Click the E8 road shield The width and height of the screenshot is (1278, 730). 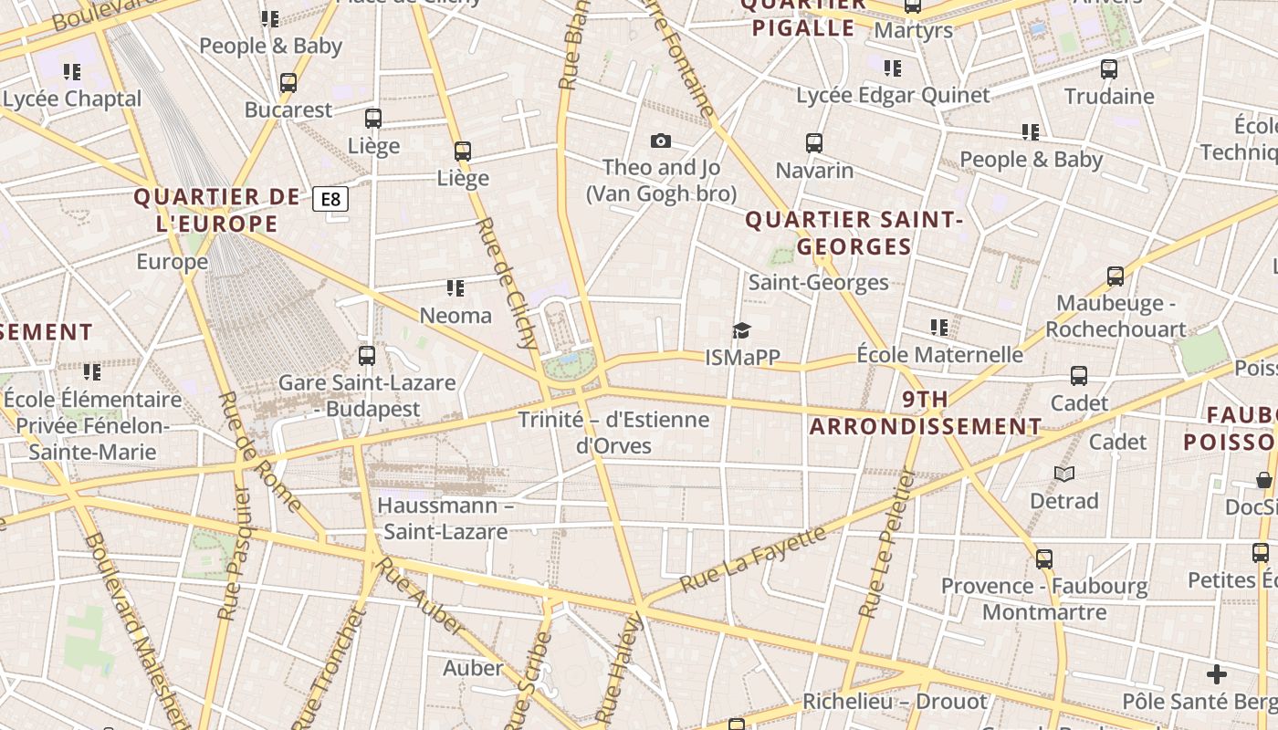pyautogui.click(x=330, y=199)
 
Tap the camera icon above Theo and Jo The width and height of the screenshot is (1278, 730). pyautogui.click(x=661, y=141)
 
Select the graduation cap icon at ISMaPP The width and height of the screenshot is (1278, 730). pyautogui.click(x=741, y=330)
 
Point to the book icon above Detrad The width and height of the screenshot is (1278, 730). pyautogui.click(x=1064, y=474)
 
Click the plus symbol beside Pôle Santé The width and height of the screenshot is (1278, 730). pyautogui.click(x=1216, y=674)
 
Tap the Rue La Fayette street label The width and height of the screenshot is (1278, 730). pyautogui.click(x=753, y=558)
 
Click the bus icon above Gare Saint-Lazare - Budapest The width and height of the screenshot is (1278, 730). pyautogui.click(x=367, y=356)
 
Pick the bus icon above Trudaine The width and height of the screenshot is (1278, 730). pyautogui.click(x=1109, y=68)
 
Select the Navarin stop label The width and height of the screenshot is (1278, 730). pyautogui.click(x=814, y=171)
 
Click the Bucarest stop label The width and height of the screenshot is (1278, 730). pyautogui.click(x=288, y=110)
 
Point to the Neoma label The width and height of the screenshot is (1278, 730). pyautogui.click(x=456, y=316)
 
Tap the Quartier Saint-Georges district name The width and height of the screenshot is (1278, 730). pyautogui.click(x=854, y=233)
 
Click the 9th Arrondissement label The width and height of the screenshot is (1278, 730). pyautogui.click(x=926, y=412)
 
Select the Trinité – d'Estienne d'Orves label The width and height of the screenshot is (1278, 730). pyautogui.click(x=613, y=433)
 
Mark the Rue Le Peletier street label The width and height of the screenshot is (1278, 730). pyautogui.click(x=885, y=544)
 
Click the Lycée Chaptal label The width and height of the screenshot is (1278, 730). pyautogui.click(x=72, y=99)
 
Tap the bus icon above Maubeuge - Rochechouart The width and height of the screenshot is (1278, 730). pyautogui.click(x=1115, y=276)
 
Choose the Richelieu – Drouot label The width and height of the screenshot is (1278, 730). pyautogui.click(x=895, y=702)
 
